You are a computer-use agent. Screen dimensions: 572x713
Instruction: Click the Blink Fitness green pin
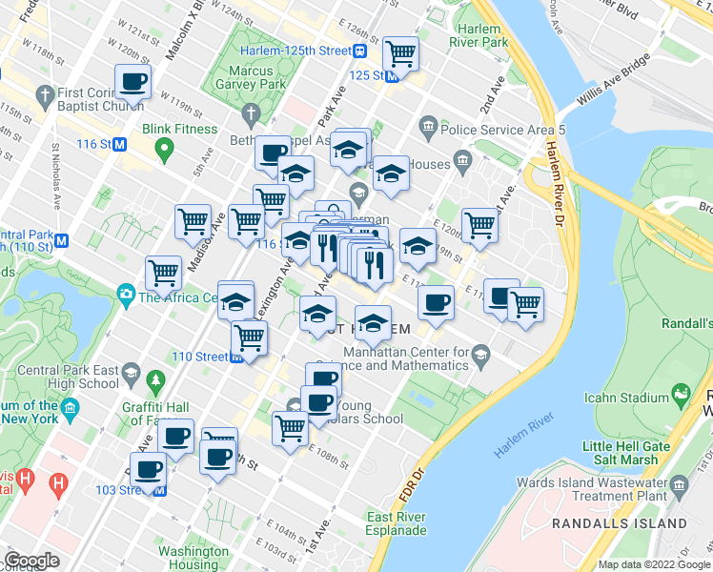164,148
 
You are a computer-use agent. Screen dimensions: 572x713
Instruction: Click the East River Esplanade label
397,523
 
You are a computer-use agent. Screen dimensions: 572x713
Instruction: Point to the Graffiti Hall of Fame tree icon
155,383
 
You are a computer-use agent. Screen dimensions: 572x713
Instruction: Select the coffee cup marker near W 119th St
133,82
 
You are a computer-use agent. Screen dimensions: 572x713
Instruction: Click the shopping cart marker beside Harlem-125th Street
401,53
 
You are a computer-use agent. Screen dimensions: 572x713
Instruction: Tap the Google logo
31,561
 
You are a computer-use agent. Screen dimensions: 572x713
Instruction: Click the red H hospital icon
59,482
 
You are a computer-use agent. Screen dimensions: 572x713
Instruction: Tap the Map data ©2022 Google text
653,564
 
